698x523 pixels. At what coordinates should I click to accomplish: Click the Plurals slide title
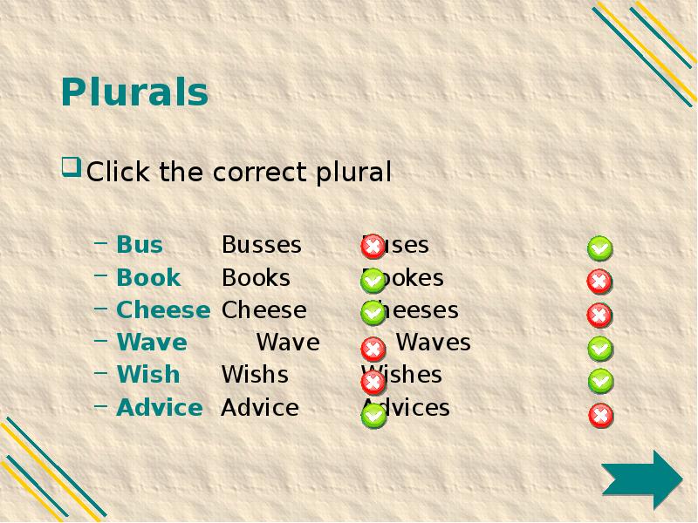click(134, 92)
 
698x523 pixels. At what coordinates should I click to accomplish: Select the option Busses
click(261, 245)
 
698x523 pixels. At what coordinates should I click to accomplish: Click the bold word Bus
click(140, 245)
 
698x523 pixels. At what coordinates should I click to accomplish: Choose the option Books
click(256, 278)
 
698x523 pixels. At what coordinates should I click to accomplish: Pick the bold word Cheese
click(163, 310)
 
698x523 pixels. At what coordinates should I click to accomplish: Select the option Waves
click(434, 343)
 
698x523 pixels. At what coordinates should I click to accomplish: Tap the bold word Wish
click(148, 375)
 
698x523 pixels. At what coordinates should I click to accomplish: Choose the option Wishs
click(255, 375)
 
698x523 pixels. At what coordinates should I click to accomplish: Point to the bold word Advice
click(160, 408)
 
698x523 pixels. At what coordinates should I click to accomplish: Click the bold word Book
click(148, 278)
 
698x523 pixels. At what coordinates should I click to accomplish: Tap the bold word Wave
click(152, 343)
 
